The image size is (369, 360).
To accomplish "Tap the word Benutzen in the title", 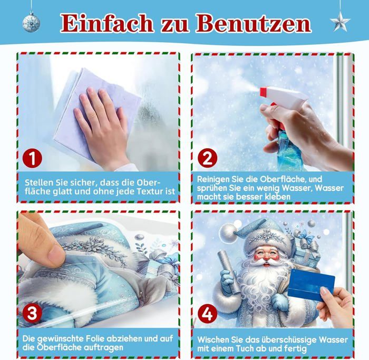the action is click(254, 23).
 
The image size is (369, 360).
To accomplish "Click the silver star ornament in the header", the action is click(340, 22).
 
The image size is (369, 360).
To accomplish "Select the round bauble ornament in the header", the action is click(31, 22).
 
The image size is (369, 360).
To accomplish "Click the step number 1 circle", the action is click(32, 158).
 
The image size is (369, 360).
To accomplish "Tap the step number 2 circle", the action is click(207, 158).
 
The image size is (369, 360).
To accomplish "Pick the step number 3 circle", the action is click(32, 314).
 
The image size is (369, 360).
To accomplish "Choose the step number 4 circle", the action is click(207, 314).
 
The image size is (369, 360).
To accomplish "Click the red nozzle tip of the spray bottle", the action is click(263, 92).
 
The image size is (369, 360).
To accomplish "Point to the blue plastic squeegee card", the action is click(311, 285).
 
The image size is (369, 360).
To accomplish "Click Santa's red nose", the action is click(266, 257).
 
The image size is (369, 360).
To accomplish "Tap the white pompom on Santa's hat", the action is click(228, 233).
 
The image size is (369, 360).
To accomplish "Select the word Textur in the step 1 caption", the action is click(150, 191).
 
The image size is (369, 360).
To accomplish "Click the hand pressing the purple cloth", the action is click(103, 125).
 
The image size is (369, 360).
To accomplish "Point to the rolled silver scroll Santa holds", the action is click(229, 272).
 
